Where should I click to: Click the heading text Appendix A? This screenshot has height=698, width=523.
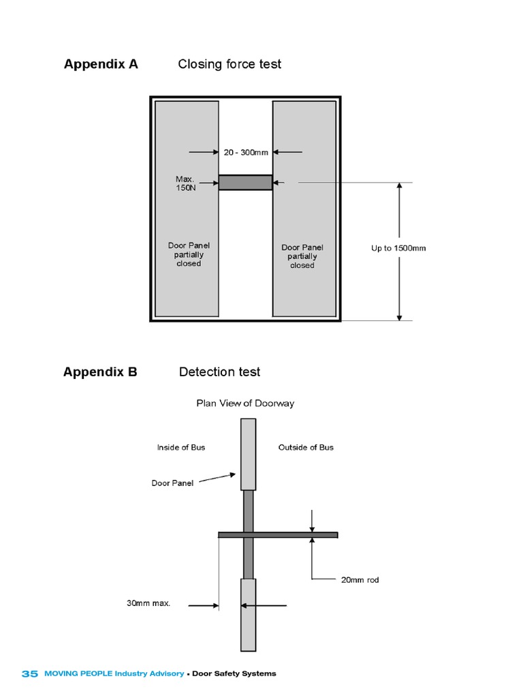[101, 64]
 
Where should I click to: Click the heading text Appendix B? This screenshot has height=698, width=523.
[100, 371]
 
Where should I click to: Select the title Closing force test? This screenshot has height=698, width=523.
[229, 64]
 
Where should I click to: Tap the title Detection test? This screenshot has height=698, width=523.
[219, 371]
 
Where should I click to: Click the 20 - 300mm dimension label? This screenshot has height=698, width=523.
[246, 152]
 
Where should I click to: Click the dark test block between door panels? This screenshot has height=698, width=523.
[245, 182]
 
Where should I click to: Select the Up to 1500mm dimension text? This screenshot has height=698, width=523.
[398, 248]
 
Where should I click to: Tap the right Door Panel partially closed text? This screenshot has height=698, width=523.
[302, 256]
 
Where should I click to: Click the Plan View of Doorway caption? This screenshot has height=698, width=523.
[245, 403]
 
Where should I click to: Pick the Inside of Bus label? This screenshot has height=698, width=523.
[181, 447]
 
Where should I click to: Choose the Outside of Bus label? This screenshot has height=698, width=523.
[306, 447]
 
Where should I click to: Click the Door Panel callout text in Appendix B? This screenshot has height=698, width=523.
[172, 483]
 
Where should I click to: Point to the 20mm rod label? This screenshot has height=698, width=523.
[360, 580]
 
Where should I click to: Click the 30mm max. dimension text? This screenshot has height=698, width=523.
[148, 603]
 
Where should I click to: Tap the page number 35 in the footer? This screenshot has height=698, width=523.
[29, 673]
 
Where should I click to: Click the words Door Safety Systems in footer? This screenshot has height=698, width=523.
[234, 673]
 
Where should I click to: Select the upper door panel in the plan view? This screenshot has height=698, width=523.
[249, 454]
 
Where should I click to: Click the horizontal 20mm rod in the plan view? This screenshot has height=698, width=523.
[293, 535]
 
